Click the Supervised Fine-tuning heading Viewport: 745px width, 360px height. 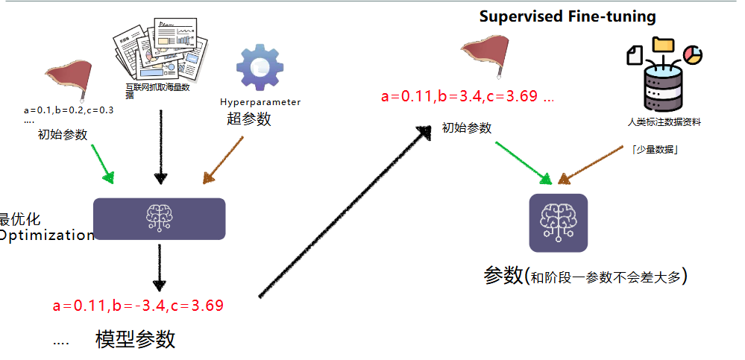point(567,16)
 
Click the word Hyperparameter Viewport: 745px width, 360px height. point(260,101)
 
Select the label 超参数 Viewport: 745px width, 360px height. point(249,119)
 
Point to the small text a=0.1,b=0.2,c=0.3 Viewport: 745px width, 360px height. point(69,110)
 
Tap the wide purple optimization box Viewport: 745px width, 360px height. point(159,218)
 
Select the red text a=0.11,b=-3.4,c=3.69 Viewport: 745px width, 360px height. point(138,305)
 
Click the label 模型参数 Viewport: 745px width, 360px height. point(135,340)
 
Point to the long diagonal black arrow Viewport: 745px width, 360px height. point(343,212)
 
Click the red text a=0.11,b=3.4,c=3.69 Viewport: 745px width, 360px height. point(467,96)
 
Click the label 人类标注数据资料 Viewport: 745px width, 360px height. point(664,121)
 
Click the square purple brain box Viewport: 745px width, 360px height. point(558,223)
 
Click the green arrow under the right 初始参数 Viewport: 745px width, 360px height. point(521,162)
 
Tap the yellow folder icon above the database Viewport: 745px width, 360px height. point(661,44)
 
